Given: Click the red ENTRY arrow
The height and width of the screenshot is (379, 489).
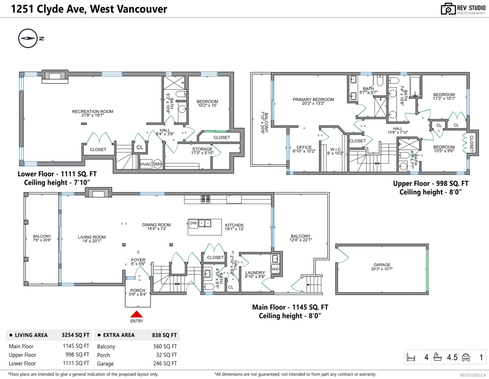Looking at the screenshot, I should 137,314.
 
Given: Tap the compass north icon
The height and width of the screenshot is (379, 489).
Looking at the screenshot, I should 28,38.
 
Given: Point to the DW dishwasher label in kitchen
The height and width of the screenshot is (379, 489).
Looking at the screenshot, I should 194,223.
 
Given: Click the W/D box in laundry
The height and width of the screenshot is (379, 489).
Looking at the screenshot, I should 275,269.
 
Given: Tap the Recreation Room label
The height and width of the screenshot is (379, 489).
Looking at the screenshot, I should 93,111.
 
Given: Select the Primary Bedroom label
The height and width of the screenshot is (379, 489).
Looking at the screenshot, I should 313,100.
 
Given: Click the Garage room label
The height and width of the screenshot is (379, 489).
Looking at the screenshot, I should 382,265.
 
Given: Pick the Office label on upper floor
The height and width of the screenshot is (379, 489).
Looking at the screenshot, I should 304,147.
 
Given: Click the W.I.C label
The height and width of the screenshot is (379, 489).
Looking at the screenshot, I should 336,149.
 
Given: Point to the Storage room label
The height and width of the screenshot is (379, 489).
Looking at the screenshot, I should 203,149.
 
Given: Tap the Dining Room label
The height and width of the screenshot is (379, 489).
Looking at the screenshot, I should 156,225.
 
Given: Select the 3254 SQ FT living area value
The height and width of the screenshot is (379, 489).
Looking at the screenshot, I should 75,335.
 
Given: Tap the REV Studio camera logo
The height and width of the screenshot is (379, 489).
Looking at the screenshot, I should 448,9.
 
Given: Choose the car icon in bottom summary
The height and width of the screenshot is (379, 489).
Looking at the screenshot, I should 465,358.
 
